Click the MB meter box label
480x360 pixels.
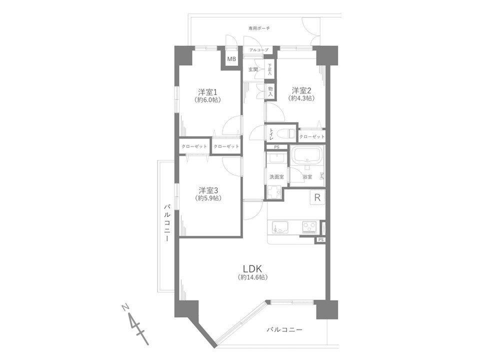coord(231,59)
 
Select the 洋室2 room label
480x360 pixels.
coord(301,90)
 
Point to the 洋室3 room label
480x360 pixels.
coord(208,190)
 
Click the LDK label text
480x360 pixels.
coord(252,269)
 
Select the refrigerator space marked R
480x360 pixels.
coord(317,197)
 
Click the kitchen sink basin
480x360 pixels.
coord(279,227)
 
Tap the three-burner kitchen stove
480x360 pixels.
coord(310,227)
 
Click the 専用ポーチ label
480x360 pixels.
coord(259,28)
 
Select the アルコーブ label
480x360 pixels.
coord(258,50)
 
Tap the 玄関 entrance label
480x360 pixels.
coord(253,69)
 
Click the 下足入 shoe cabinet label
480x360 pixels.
coord(269,69)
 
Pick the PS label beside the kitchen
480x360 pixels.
coord(320,239)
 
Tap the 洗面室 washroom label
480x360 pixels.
coord(276,177)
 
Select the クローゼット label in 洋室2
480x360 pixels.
coord(311,136)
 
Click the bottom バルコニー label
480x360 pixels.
coord(284,329)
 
